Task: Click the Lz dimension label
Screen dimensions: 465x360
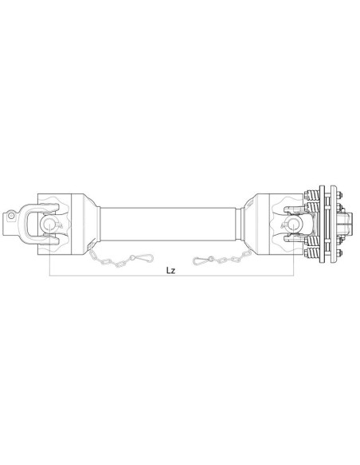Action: click(x=170, y=269)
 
